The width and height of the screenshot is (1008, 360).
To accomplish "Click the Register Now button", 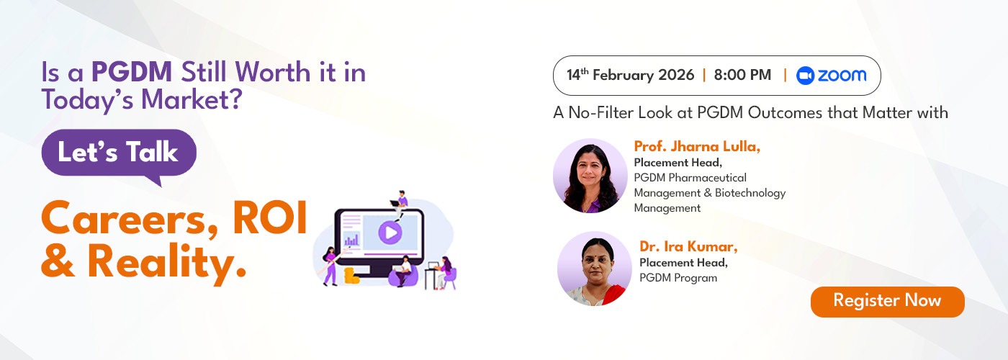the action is click(887, 302).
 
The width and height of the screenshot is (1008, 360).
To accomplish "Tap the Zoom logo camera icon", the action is click(805, 76).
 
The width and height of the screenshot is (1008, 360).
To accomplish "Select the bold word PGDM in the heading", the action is click(132, 72).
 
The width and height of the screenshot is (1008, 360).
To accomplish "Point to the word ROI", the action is click(269, 218).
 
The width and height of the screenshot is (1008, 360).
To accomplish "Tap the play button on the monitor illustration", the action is click(390, 233).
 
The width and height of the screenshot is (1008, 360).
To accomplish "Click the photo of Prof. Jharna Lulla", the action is click(590, 176).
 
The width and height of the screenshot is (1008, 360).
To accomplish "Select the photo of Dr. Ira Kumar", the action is click(595, 269).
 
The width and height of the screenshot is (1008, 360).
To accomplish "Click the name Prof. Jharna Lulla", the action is click(697, 146).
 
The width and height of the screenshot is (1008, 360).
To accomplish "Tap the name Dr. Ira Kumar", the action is click(688, 246).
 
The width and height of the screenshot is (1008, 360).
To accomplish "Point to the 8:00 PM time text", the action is click(742, 75).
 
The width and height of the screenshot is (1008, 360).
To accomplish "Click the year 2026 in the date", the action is click(676, 75).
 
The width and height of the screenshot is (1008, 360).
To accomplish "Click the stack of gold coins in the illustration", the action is click(351, 276).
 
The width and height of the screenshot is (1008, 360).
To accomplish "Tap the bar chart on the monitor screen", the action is click(351, 240).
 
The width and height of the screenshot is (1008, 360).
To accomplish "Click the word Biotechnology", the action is click(750, 193).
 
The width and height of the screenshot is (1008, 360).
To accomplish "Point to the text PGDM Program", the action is click(678, 278).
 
